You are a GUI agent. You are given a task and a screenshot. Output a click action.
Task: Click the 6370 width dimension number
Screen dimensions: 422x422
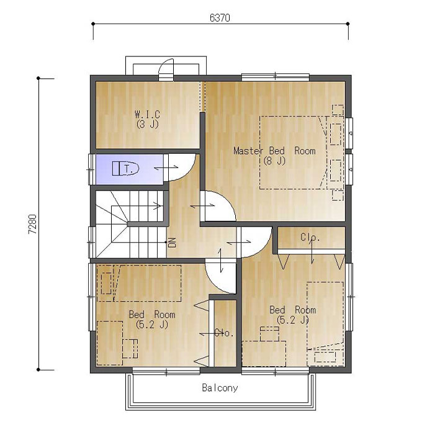220,18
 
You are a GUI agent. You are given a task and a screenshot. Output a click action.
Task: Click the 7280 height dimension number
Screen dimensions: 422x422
32,224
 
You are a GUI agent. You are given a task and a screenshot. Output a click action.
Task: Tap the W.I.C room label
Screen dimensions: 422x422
147,114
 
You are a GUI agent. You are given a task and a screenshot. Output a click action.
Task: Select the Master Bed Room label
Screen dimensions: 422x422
274,151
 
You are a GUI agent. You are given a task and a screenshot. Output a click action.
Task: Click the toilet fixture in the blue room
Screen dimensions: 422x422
125,168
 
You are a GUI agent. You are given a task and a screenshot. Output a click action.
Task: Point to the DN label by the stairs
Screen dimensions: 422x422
173,242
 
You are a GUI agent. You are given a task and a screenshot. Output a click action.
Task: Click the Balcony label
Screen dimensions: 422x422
220,388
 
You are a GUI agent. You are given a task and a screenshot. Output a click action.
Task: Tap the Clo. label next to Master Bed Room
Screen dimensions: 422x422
310,237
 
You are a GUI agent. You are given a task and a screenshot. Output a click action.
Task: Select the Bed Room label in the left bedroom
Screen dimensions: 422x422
152,315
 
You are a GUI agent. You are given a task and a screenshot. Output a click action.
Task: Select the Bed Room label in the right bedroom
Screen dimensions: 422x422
293,310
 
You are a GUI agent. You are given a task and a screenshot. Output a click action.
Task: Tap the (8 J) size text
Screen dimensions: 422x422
274,161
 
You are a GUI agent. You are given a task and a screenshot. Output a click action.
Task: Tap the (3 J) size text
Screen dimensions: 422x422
147,124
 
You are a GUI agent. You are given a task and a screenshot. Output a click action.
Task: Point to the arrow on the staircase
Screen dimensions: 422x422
157,206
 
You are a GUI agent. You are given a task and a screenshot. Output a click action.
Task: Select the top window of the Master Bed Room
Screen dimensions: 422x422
276,77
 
